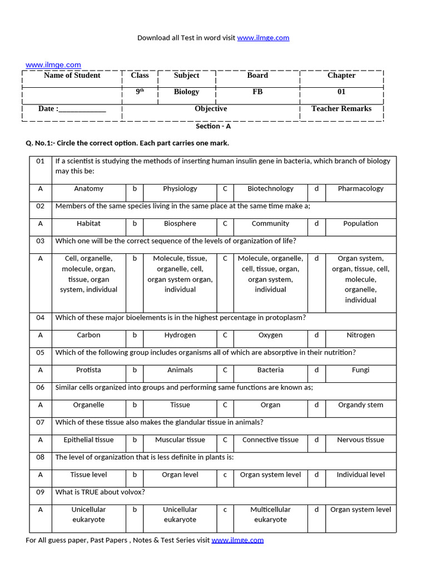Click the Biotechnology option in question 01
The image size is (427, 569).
(270, 188)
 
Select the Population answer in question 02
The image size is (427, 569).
(360, 223)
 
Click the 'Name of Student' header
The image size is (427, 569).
(72, 76)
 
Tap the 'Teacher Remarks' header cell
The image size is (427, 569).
(341, 109)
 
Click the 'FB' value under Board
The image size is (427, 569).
(257, 92)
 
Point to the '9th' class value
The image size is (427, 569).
(140, 92)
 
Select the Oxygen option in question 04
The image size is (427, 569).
(270, 335)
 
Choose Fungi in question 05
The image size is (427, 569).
(360, 370)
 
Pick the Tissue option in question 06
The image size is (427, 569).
(180, 405)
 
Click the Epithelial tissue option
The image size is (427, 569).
(88, 440)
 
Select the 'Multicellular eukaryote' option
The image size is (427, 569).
(270, 515)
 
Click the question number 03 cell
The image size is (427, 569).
(40, 241)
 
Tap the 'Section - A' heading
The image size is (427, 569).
(213, 126)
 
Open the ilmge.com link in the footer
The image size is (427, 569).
(237, 540)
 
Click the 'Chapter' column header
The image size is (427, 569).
(341, 76)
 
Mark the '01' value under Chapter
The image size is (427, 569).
(341, 92)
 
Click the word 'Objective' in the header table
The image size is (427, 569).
(211, 109)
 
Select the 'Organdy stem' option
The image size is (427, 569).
(360, 405)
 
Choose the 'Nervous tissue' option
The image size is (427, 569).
(360, 440)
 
